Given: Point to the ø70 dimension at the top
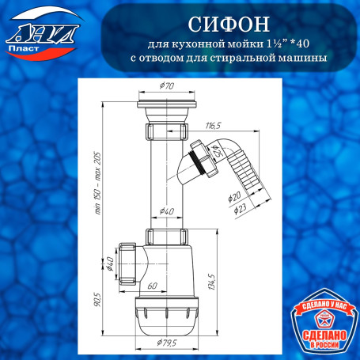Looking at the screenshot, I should coord(165,85).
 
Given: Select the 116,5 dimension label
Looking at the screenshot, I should coord(211,125).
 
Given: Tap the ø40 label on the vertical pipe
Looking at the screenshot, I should coord(167,210).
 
